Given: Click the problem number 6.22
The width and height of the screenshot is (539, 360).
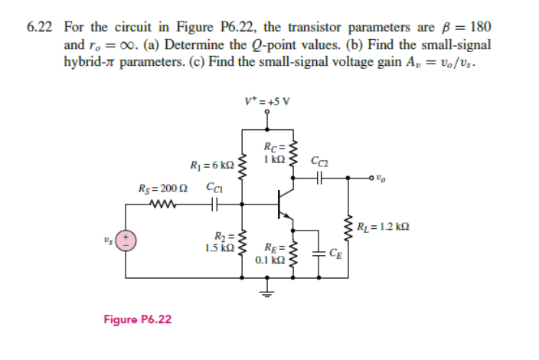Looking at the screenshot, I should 38,26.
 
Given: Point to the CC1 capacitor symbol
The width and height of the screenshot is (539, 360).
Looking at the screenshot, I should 214,205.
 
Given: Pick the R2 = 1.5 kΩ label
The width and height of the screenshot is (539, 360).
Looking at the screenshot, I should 220,242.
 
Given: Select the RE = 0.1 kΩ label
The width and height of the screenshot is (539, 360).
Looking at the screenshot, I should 273,253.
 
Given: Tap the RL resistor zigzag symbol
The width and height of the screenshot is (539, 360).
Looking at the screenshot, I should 351,227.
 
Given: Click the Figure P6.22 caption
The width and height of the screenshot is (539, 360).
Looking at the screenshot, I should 139,318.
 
